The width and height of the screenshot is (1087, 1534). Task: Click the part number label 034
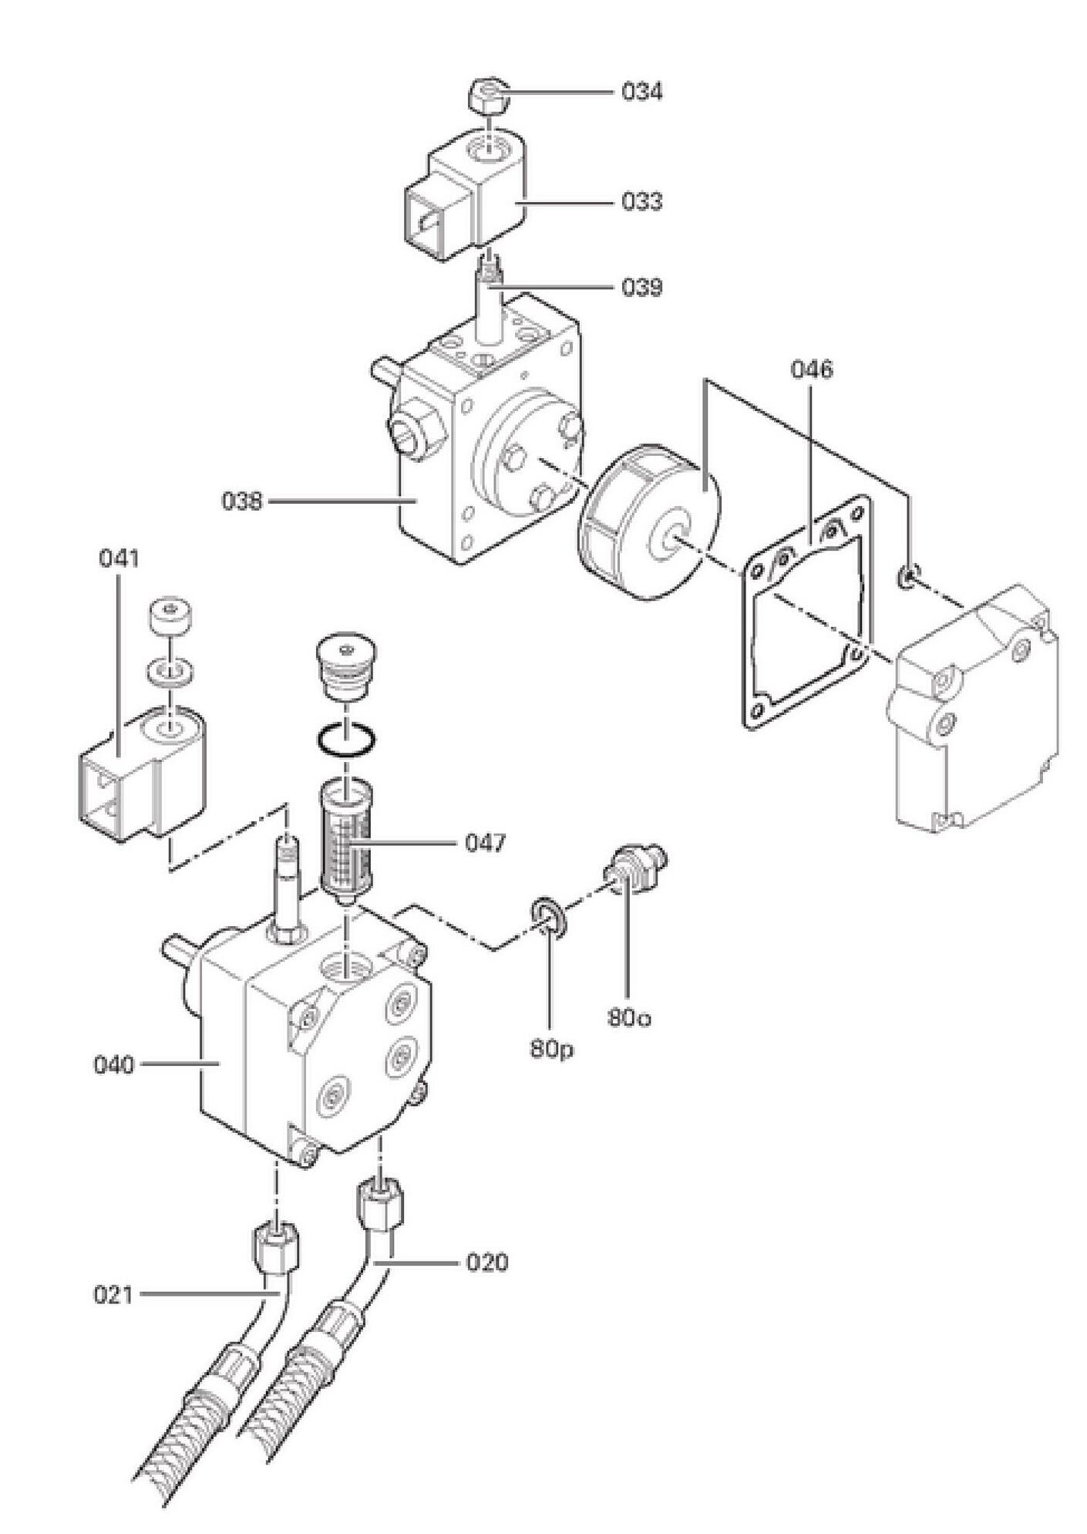click(641, 92)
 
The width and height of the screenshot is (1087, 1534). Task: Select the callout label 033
click(641, 201)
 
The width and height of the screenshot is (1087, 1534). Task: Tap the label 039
click(641, 288)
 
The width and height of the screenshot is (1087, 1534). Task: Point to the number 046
click(812, 369)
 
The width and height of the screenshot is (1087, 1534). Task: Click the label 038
click(242, 501)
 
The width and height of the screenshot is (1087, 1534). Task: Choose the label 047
click(486, 843)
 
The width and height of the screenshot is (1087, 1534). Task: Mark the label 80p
click(551, 1049)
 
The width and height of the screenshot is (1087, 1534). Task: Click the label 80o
click(629, 1017)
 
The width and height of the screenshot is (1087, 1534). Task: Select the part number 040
click(114, 1065)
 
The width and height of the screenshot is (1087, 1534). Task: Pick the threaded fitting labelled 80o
click(634, 867)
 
